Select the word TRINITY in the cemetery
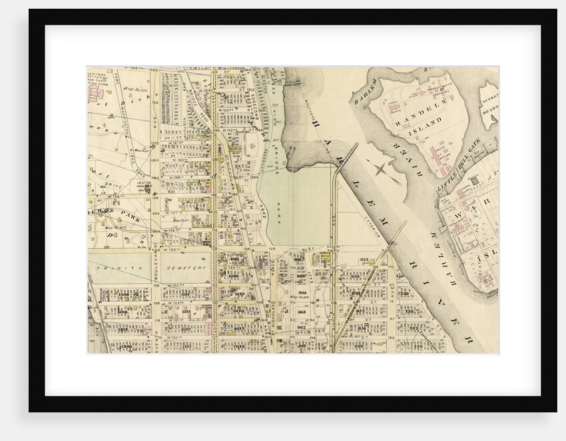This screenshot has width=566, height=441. tap(112, 268)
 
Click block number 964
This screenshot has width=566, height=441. tap(302, 292)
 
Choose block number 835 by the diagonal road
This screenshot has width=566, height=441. tap(364, 260)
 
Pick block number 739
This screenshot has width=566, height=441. tap(405, 293)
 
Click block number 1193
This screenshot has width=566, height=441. tap(186, 311)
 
